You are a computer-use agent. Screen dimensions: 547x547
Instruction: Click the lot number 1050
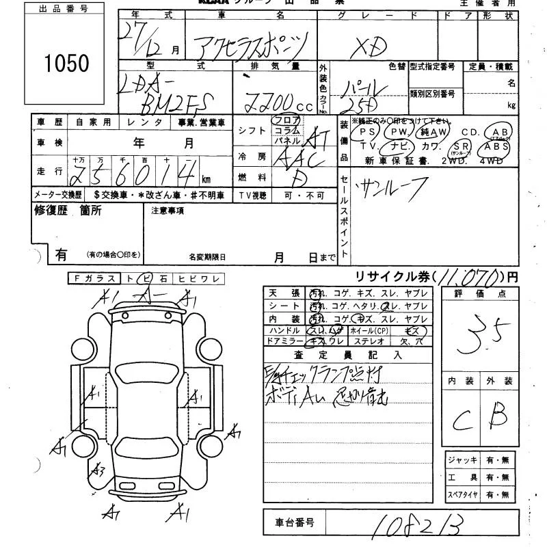66,63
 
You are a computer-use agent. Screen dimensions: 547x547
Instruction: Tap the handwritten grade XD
369,46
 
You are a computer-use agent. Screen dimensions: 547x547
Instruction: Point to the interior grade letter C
461,416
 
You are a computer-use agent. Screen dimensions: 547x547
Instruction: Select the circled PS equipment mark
367,131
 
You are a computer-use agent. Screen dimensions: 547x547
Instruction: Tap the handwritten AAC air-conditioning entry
296,159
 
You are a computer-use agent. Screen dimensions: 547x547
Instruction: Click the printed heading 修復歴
53,211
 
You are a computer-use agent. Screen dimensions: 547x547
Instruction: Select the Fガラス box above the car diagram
94,278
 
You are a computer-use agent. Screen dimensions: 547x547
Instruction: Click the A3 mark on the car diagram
98,470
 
